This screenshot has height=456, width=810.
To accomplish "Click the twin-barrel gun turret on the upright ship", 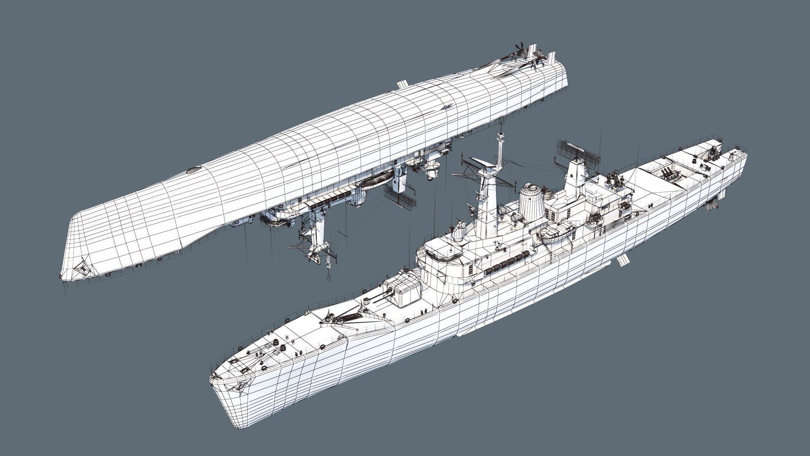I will click(x=404, y=291).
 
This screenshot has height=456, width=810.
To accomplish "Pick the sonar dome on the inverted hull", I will click(x=192, y=171).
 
